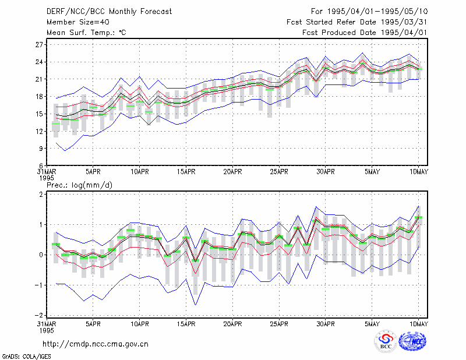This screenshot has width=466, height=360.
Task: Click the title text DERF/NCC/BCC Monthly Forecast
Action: [109, 12]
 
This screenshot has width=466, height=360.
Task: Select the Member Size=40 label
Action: [78, 22]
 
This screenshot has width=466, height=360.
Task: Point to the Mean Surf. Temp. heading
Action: [86, 33]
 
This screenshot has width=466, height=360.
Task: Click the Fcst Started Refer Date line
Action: [356, 22]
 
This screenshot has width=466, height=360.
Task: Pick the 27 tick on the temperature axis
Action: [39, 45]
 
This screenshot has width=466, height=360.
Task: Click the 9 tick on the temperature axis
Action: [41, 149]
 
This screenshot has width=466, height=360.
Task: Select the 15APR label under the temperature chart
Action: [186, 172]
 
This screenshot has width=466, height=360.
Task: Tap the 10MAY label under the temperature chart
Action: [418, 172]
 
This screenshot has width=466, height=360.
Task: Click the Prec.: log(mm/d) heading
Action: [80, 185]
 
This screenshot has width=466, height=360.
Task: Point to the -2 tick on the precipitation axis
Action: [38, 315]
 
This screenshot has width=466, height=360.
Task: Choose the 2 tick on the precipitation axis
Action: [41, 194]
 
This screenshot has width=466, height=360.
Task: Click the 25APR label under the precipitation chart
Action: [279, 324]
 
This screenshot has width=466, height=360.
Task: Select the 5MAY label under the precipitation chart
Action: [372, 324]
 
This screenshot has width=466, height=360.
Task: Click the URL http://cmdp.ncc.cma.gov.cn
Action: [96, 344]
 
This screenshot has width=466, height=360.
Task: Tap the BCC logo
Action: [386, 341]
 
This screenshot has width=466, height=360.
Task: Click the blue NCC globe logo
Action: [412, 341]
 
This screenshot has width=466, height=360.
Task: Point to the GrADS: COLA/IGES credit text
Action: [26, 357]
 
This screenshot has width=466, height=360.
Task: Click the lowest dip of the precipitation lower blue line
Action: [195, 305]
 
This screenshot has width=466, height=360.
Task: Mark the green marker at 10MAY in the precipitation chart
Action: [418, 218]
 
